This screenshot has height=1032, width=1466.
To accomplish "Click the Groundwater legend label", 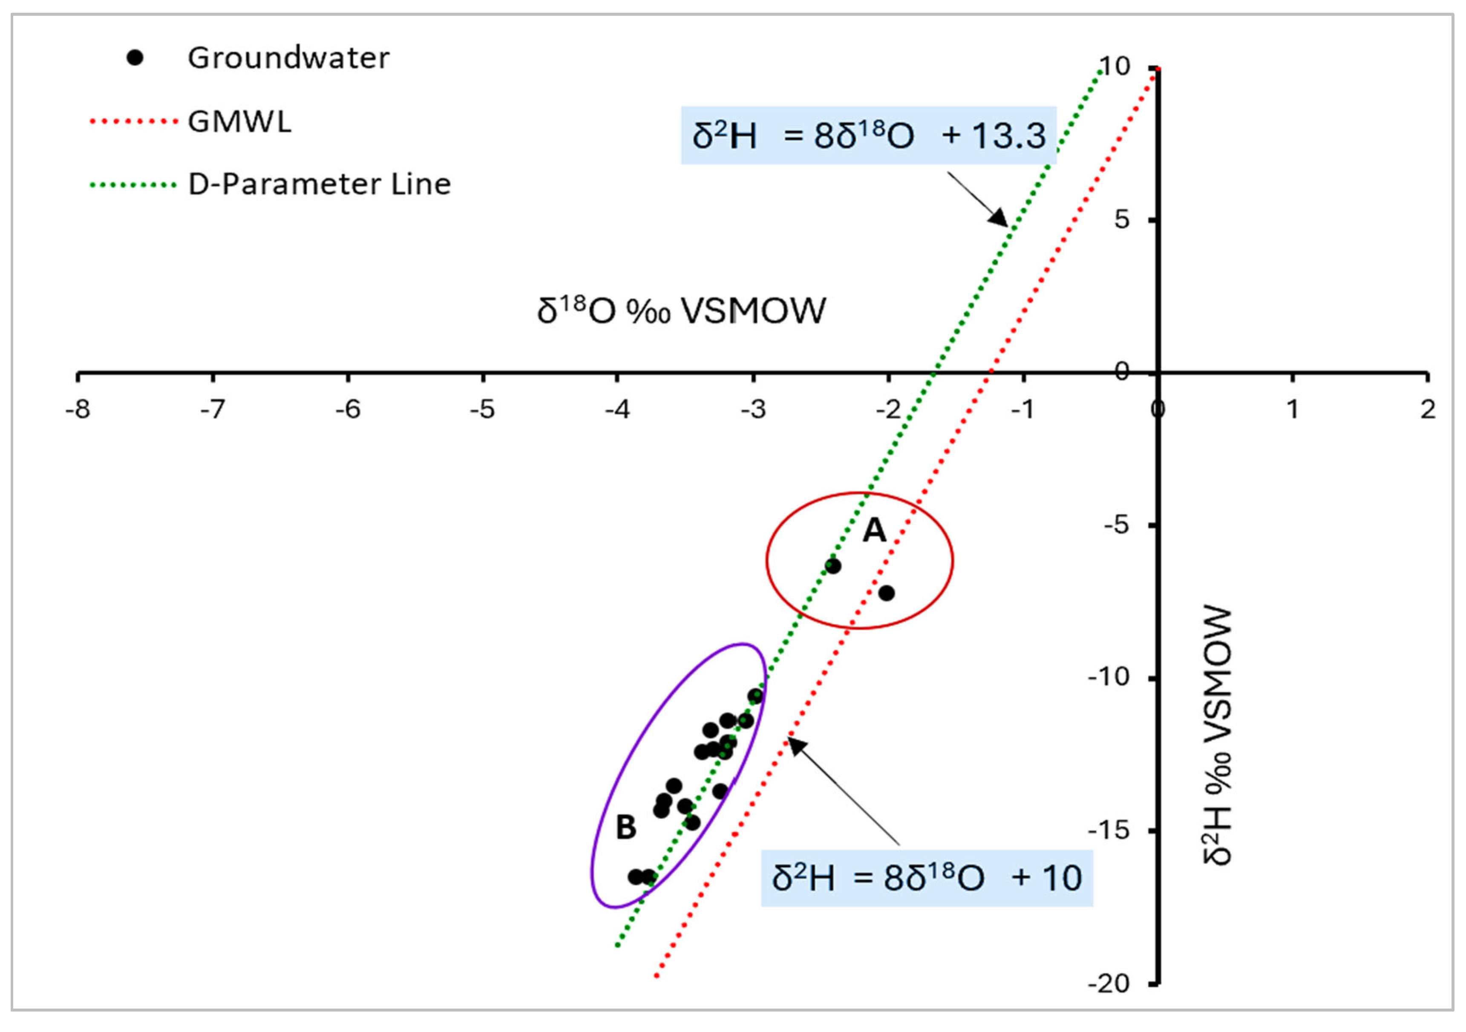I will point(288,58).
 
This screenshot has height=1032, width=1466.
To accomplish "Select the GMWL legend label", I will point(239,121).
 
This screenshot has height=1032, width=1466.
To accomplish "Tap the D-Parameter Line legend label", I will point(319,184).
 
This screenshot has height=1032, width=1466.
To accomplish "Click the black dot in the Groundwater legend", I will point(135,58).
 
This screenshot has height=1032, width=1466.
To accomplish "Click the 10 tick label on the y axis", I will point(1115,66).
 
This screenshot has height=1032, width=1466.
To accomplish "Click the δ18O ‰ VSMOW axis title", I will point(681,311).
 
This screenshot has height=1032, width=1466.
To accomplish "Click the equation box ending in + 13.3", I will point(868,136).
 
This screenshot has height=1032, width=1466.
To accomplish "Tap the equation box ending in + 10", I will point(927,878).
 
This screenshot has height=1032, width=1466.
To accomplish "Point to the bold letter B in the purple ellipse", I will point(626,827).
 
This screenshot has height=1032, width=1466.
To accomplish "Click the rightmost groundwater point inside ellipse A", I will point(886,593).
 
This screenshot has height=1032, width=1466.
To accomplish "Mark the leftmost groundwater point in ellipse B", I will point(635,877).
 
